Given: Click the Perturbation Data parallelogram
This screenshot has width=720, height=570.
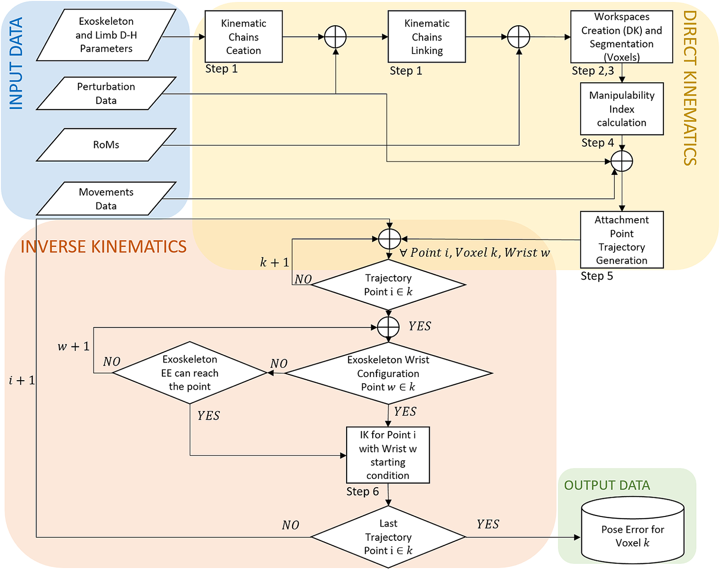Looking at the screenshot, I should [106, 94].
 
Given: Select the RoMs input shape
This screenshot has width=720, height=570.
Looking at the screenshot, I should [106, 145].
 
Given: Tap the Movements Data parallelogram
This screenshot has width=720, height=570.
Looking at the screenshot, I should [106, 199].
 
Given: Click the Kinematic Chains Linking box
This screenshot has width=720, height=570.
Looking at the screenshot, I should [427, 37].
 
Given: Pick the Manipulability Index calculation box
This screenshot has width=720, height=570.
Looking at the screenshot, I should [621, 109].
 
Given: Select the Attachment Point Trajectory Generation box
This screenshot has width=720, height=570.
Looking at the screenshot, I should [621, 240].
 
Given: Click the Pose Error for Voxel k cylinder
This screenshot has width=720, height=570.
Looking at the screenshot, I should [633, 531].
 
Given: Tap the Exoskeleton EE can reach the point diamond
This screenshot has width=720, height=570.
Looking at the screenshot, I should [190, 373].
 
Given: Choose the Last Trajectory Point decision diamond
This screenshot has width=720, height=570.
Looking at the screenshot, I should [388, 537].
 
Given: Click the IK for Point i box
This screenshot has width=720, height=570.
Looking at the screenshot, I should [388, 455].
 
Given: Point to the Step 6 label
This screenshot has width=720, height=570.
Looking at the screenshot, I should [362, 492].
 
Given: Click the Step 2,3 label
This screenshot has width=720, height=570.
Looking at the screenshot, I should [593, 71].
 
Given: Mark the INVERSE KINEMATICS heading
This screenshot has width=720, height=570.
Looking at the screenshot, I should [103, 247].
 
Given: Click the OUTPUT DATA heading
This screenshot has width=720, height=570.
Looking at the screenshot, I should [607, 485].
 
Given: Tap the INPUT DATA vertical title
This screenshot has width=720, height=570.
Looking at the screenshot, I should [16, 63].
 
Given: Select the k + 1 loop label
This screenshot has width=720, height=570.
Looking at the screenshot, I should [274, 262].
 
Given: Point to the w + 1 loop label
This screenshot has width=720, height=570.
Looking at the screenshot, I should [73, 346].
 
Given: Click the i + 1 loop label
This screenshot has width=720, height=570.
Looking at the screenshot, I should [22, 381].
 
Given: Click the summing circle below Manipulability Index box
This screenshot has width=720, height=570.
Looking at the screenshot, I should [622, 161].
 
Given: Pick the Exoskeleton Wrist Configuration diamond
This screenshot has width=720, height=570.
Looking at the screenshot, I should [388, 373].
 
